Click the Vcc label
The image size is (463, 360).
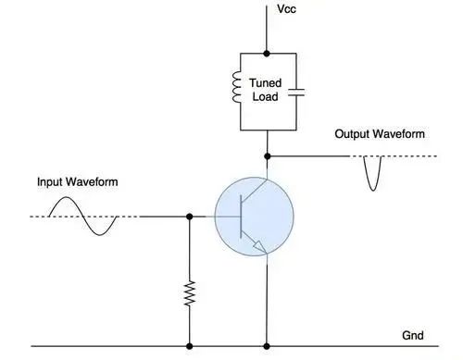pos(286,9)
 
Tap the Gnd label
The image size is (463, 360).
pos(413,335)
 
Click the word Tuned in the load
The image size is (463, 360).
pos(266,82)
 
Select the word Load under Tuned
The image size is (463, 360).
pos(266,96)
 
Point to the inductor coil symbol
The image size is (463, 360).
pos(236,87)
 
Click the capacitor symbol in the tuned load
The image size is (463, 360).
pos(296,93)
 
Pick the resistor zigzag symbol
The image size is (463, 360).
pos(190,293)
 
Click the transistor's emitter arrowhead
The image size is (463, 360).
pos(259,246)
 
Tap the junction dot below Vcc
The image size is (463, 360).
pos(267,54)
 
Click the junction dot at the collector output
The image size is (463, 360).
pos(268,156)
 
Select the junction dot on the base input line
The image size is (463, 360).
pos(190,217)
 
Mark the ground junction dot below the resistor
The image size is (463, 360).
pos(190,346)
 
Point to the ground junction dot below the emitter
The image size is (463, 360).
pos(267,346)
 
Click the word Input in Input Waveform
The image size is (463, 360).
pos(48,182)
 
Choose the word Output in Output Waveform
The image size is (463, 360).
pos(352,134)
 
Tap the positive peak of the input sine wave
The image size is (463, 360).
pos(67,197)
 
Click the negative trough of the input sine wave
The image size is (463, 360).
pos(100,235)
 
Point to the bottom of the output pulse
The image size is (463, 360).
pos(373,191)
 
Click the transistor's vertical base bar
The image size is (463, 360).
pos(241,217)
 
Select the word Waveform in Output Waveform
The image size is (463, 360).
pos(398,134)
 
